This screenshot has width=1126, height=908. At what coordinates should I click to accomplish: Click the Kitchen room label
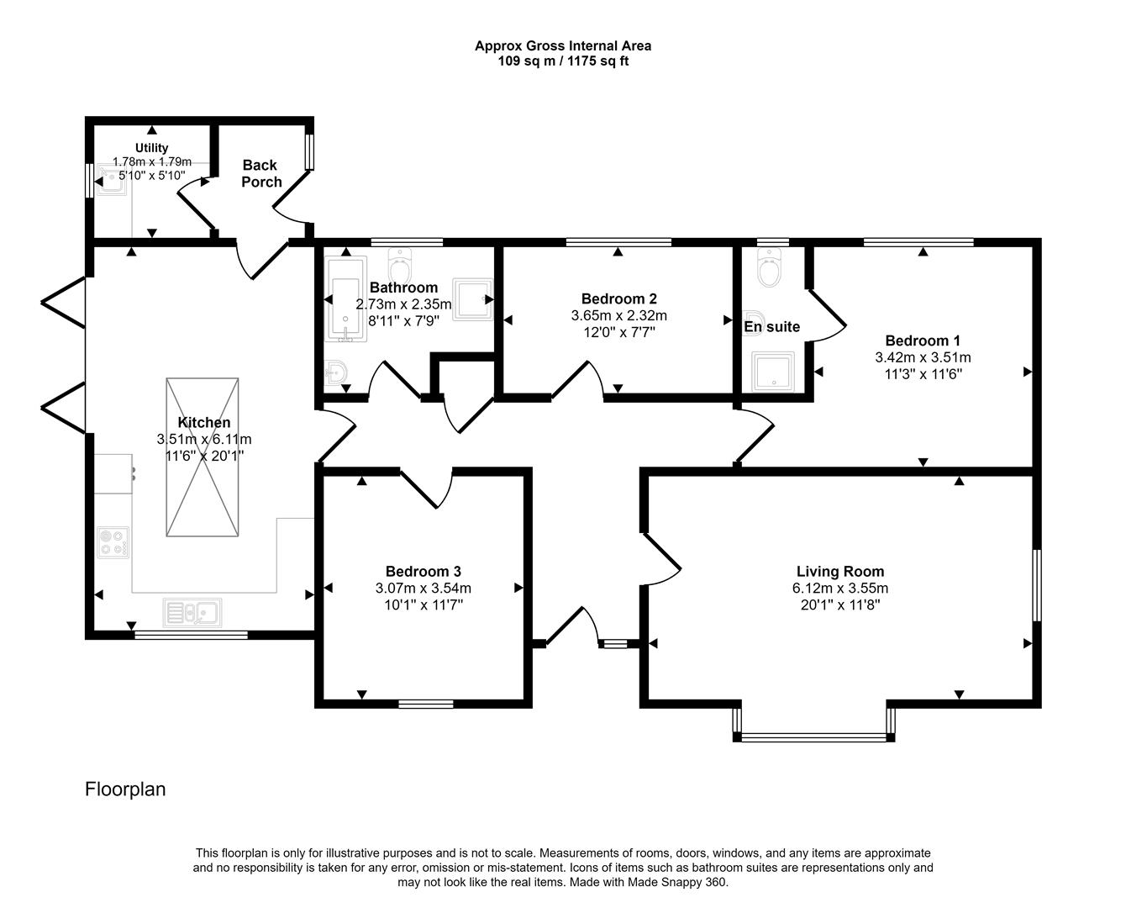pyautogui.click(x=204, y=422)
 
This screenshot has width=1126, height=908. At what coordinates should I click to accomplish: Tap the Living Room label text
pyautogui.click(x=840, y=572)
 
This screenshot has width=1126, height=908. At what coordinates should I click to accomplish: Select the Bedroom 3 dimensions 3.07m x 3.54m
pyautogui.click(x=423, y=588)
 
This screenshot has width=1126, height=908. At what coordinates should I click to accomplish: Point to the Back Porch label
pyautogui.click(x=260, y=173)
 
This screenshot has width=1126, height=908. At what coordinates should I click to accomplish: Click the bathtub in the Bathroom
pyautogui.click(x=344, y=299)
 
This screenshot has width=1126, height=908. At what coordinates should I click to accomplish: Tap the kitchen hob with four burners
pyautogui.click(x=113, y=541)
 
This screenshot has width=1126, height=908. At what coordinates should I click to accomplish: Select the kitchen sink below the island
pyautogui.click(x=192, y=612)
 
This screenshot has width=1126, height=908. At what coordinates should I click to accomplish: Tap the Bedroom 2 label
pyautogui.click(x=618, y=298)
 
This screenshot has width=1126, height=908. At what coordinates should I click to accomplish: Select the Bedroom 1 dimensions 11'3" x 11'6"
pyautogui.click(x=923, y=373)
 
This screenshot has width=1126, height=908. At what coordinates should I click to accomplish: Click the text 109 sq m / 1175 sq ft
pyautogui.click(x=563, y=61)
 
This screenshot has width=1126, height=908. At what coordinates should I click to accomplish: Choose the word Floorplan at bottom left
pyautogui.click(x=125, y=789)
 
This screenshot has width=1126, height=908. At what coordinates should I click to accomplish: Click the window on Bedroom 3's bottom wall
pyautogui.click(x=425, y=704)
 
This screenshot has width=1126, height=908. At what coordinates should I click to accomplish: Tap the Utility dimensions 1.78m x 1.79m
pyautogui.click(x=152, y=161)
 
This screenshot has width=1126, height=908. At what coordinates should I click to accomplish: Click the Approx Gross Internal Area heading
pyautogui.click(x=563, y=46)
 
